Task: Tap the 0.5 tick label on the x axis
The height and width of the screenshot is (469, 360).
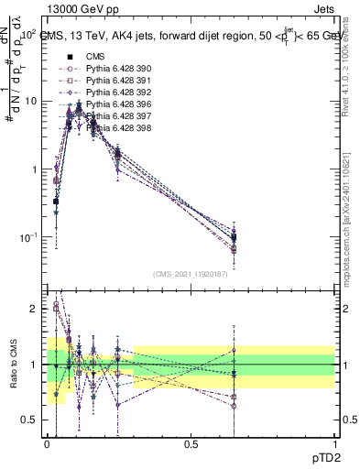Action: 191,443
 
